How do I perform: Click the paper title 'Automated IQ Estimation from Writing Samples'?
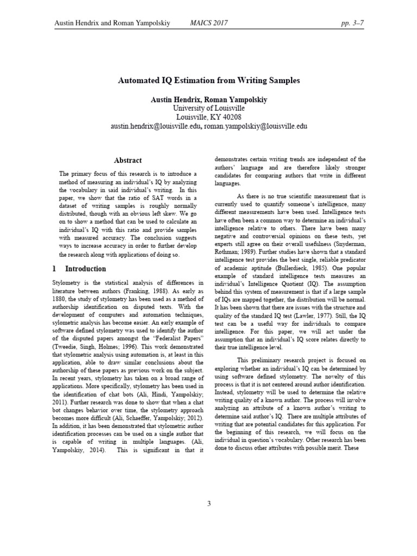pyautogui.click(x=208, y=80)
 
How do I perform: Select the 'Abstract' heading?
pyautogui.click(x=128, y=160)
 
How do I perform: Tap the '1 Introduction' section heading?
pyautogui.click(x=79, y=269)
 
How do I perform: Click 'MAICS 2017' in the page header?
pyautogui.click(x=208, y=23)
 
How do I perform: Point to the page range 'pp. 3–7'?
pyautogui.click(x=350, y=23)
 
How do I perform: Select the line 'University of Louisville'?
pyautogui.click(x=208, y=109)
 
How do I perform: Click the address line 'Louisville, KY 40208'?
pyautogui.click(x=208, y=117)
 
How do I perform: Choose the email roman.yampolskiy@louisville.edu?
pyautogui.click(x=255, y=126)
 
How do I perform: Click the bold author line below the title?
pyautogui.click(x=208, y=100)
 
